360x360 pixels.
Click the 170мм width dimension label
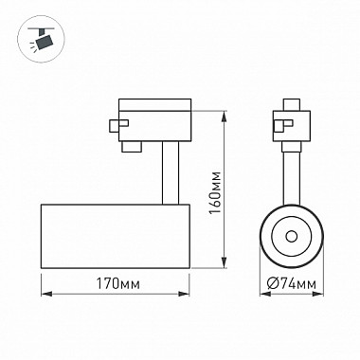pyautogui.click(x=117, y=284)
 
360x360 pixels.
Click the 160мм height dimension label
pyautogui.click(x=216, y=192)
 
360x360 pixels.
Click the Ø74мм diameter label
pyautogui.click(x=291, y=284)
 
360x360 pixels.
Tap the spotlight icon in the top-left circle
pyautogui.click(x=41, y=40)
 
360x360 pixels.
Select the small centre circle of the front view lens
pyautogui.click(x=291, y=236)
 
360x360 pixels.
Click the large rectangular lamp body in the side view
pyautogui.click(x=116, y=236)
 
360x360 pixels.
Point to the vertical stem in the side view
pyautogui.click(x=171, y=172)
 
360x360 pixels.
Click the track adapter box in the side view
pyautogui.click(x=154, y=120)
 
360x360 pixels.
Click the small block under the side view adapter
pyautogui.click(x=132, y=147)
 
